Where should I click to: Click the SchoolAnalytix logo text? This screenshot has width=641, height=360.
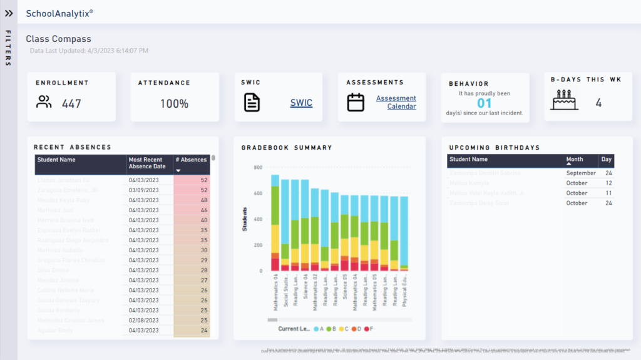click(59, 13)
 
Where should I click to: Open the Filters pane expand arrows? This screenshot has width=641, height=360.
click(9, 13)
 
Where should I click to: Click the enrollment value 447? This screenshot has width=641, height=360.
click(71, 104)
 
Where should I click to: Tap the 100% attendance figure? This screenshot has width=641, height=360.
click(174, 104)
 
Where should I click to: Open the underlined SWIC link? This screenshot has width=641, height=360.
click(301, 103)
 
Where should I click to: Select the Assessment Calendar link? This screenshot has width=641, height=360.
click(396, 102)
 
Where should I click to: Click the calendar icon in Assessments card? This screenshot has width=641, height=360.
click(356, 102)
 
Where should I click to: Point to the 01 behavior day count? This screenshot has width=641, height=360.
click(485, 103)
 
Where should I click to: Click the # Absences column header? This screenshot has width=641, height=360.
click(191, 160)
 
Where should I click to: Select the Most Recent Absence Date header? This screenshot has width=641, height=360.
click(147, 163)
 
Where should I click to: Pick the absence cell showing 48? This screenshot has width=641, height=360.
click(192, 200)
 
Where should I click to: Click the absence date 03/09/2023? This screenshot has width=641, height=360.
click(144, 190)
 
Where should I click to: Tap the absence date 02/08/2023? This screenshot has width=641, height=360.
click(144, 320)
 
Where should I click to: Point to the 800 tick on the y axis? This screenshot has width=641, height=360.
click(257, 168)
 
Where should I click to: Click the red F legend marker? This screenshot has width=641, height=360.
click(366, 329)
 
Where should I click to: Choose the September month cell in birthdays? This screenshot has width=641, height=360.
click(581, 173)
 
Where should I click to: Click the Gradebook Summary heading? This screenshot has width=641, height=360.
click(287, 148)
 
